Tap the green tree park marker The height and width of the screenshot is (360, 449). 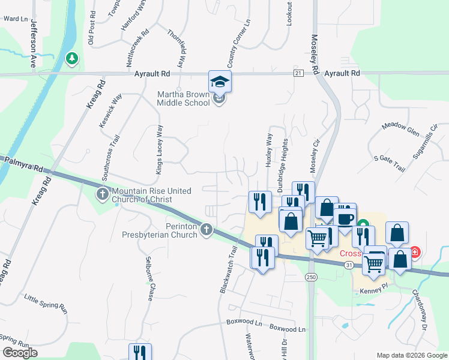tap(71, 58)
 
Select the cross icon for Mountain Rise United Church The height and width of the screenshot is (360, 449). tap(103, 194)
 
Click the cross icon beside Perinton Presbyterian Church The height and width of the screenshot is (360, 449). tap(206, 229)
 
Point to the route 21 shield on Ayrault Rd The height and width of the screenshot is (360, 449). tap(298, 73)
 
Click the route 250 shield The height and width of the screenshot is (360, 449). tap(310, 277)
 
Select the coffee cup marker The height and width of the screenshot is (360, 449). tap(346, 217)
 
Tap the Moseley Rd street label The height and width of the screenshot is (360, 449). tap(315, 54)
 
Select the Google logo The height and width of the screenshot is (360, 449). tap(20, 353)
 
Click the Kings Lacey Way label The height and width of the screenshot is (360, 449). tap(159, 149)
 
